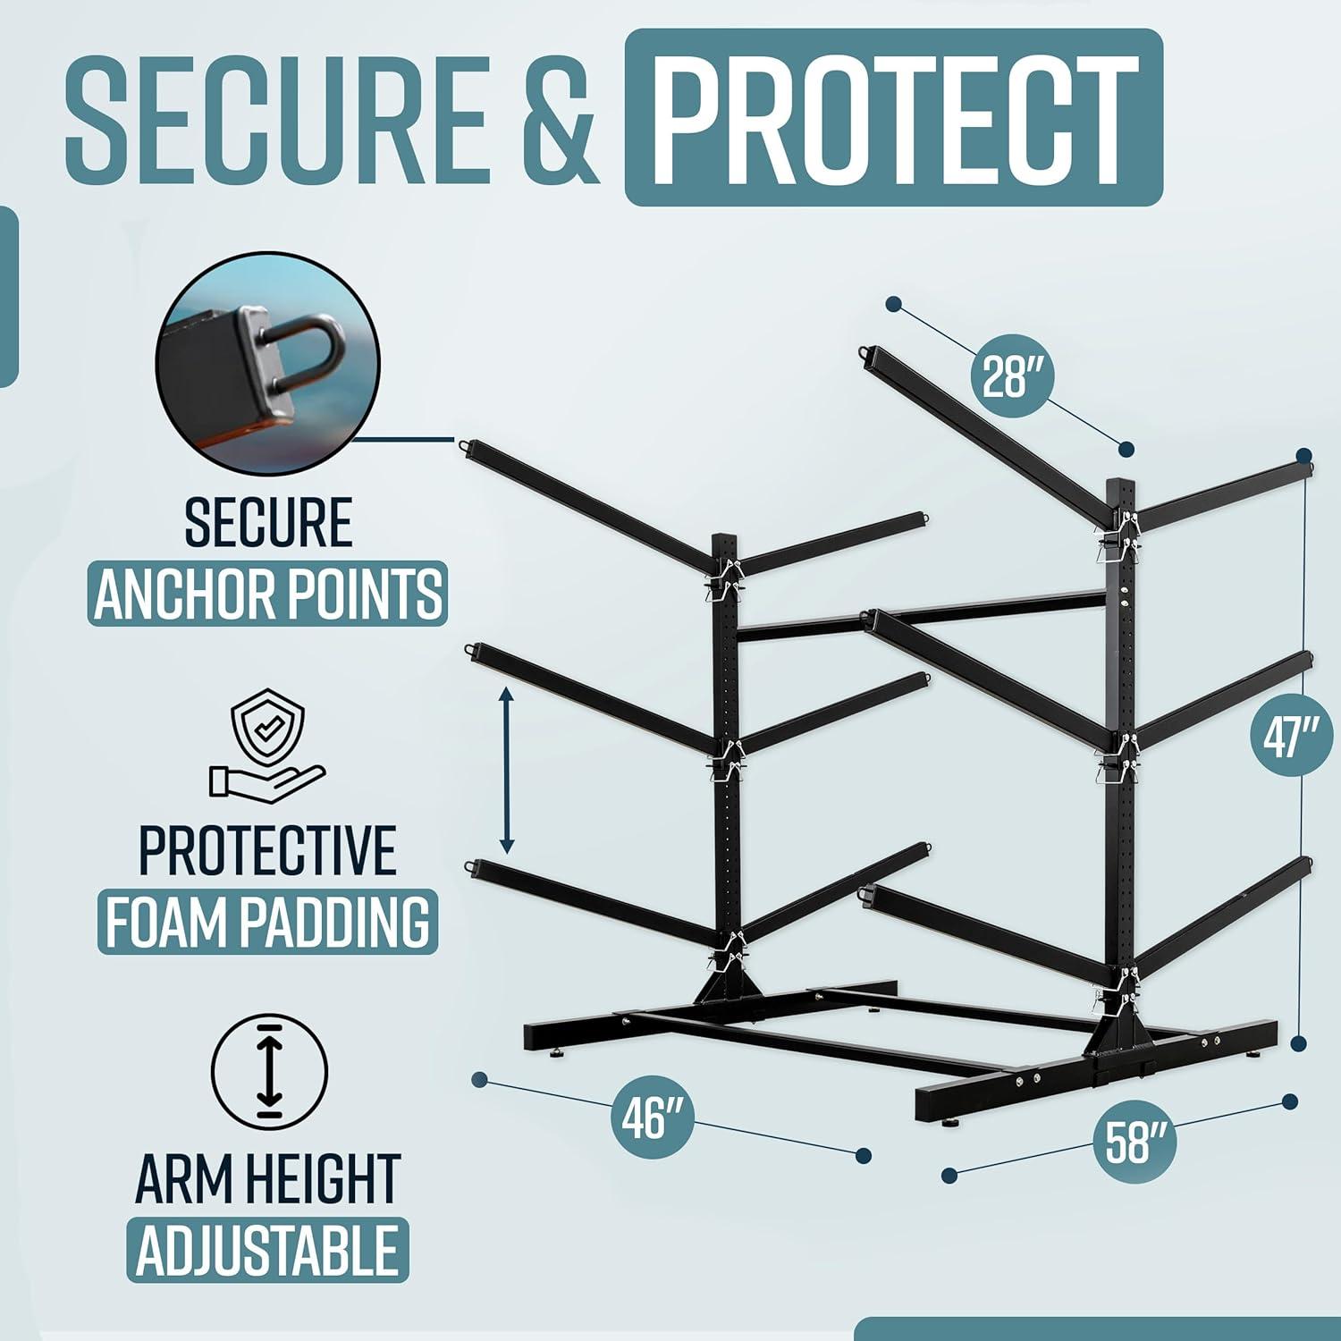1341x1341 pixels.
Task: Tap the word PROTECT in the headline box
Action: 894,119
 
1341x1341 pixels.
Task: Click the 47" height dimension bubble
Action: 1285,740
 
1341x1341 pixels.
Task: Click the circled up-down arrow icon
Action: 269,1071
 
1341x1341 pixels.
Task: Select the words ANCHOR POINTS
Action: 267,593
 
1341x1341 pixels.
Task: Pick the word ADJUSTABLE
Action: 267,1250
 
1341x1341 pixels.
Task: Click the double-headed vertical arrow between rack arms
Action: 507,772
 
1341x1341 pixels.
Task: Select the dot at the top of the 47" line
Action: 1303,455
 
